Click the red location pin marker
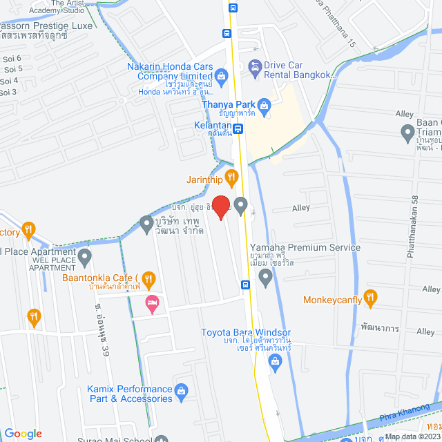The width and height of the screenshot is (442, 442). point(221,206)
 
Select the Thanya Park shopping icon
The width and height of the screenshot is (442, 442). point(265,106)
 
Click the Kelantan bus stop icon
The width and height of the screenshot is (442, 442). point(238,128)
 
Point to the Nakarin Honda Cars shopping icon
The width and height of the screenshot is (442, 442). point(220,75)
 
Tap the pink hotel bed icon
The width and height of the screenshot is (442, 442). point(152,302)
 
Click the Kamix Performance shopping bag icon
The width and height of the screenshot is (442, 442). point(181,392)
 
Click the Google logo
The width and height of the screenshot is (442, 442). point(23,433)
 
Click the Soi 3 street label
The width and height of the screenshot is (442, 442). point(8,92)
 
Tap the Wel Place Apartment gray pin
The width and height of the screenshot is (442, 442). point(85,258)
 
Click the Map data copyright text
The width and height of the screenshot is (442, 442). point(412,436)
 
